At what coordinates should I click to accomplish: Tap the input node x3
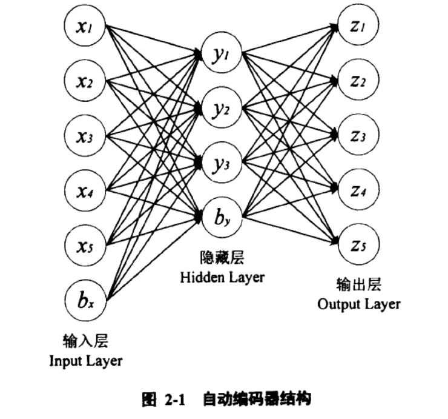coord(85,135)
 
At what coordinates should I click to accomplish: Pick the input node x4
coord(85,190)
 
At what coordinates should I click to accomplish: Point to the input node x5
coord(85,245)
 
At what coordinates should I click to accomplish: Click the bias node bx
coord(85,300)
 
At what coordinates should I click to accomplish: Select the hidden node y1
coord(222,53)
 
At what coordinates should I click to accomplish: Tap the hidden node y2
coord(222,107)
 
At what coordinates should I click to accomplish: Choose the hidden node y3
coord(222,163)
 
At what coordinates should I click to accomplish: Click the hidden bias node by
coord(222,218)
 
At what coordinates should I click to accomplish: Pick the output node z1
coord(358,25)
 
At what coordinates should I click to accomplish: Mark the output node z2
coord(358,80)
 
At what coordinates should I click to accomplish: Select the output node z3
coord(358,135)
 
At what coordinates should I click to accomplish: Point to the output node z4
coord(358,190)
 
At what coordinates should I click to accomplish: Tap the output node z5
coord(358,245)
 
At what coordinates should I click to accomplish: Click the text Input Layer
coord(86,361)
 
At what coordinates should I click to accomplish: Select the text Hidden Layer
coord(222,277)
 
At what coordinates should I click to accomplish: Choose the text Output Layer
coord(358,304)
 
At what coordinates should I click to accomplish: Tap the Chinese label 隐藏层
coord(222,257)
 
